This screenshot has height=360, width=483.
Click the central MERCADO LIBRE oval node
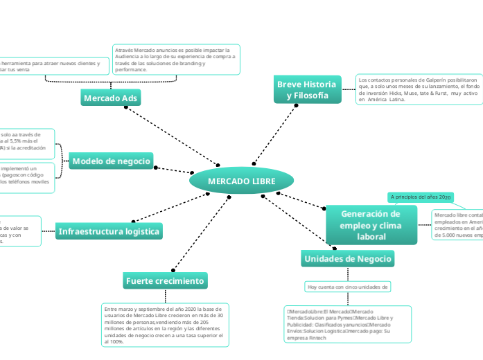pos(241,181)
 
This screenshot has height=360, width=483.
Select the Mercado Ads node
pos(111,98)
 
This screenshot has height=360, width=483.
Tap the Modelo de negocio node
pos(111,161)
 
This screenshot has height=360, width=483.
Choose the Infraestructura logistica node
pos(109,231)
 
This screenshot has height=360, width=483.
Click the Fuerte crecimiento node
pos(164,280)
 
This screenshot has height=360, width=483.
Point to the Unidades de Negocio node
pos(348,258)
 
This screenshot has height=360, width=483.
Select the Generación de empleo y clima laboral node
pos(371,225)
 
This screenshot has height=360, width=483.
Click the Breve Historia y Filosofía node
pos(306,89)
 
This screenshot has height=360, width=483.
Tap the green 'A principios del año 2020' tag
pos(421,197)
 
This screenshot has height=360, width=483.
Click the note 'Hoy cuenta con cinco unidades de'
pos(348,286)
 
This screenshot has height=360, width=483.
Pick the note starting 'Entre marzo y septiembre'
pos(164,324)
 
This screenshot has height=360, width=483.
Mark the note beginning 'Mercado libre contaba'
pos(457,225)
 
